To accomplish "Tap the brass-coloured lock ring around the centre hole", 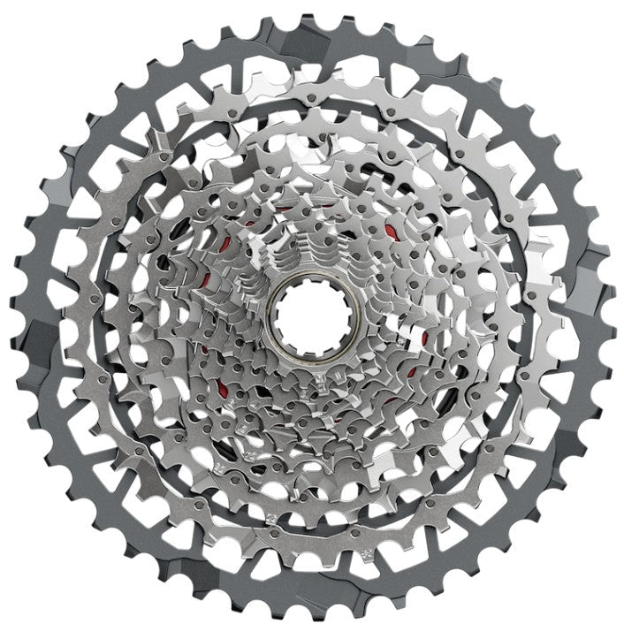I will click(x=312, y=349).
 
